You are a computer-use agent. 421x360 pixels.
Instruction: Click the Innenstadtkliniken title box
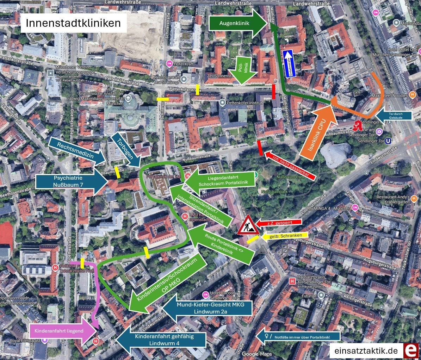pyautogui.click(x=73, y=23)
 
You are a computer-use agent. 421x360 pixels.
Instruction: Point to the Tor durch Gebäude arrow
pyautogui.click(x=393, y=116)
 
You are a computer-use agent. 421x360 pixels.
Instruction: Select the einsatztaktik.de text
pyautogui.click(x=366, y=351)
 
